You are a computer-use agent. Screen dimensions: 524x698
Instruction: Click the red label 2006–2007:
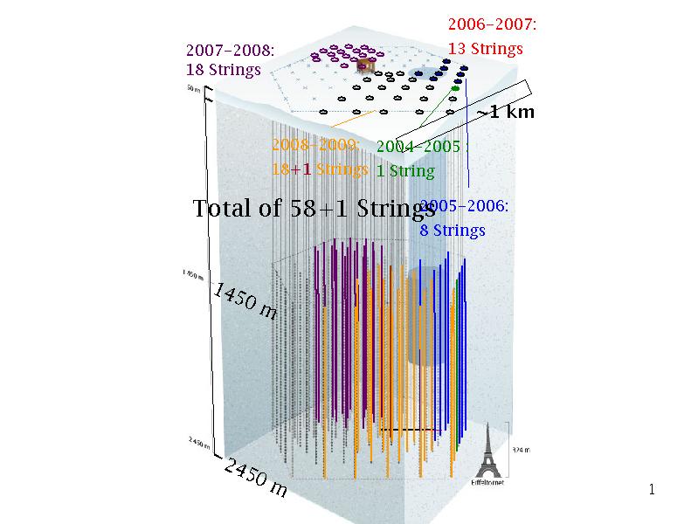(492, 25)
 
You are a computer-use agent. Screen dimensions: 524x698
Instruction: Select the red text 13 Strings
(486, 48)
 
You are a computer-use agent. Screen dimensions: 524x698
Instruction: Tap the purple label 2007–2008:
(231, 51)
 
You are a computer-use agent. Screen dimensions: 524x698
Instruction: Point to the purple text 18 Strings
(224, 70)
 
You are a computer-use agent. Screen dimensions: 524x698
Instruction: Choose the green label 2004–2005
(418, 147)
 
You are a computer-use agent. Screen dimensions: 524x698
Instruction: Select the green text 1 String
(405, 170)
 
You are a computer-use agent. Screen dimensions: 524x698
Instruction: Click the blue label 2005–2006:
(464, 207)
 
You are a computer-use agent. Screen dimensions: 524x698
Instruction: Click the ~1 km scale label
(505, 112)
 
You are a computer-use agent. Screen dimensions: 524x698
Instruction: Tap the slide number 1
(651, 489)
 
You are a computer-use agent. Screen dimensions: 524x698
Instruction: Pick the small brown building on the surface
(369, 65)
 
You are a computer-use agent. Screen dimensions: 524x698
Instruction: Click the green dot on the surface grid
(456, 88)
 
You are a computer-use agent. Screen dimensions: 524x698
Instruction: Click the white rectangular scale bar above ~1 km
(501, 96)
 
